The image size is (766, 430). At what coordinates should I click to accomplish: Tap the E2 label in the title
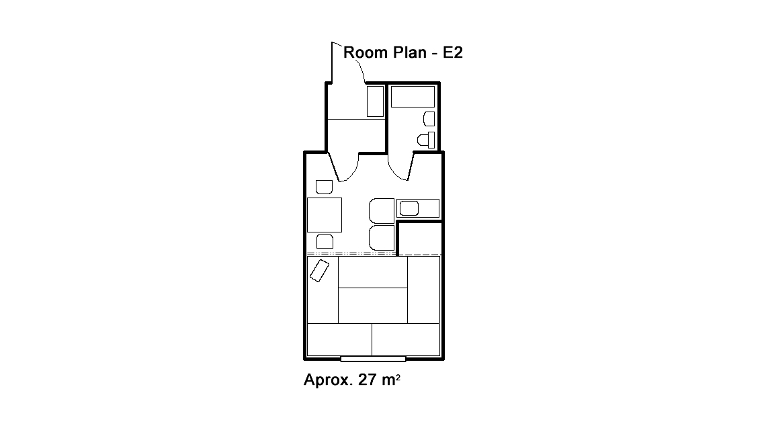pos(453,52)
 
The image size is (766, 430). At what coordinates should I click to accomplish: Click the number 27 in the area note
pos(368,379)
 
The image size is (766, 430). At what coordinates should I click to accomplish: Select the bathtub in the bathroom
pos(413,97)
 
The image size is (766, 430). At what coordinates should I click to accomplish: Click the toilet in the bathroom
pos(427,140)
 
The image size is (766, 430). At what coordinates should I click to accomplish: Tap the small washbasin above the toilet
pos(429,119)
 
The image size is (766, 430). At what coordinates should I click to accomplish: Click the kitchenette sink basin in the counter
pos(409,209)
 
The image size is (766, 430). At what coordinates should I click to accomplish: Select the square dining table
pos(325,215)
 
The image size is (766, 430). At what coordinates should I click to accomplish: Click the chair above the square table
pos(325,187)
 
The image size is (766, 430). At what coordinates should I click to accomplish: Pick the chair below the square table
pos(325,242)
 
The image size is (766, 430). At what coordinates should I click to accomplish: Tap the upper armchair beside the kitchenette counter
pos(382,210)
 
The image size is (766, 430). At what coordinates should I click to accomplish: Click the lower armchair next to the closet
pos(382,238)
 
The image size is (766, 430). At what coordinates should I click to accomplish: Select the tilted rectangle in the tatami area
pos(319,271)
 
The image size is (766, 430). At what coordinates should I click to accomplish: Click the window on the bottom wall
pos(373,359)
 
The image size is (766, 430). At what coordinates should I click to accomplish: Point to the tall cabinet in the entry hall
pos(375,101)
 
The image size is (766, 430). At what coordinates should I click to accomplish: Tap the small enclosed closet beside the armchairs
pos(420,238)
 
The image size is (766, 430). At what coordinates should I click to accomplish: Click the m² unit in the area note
pos(391,379)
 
